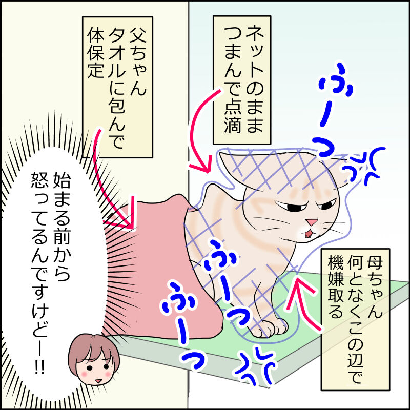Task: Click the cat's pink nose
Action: pos(311,222)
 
